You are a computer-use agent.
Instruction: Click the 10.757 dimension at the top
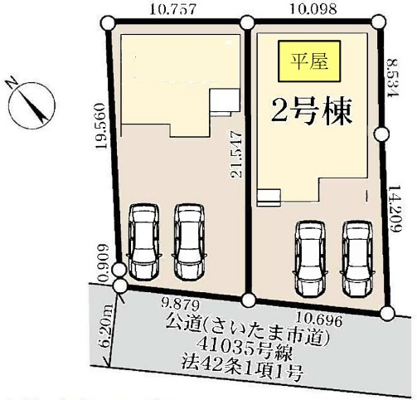tap(173, 9)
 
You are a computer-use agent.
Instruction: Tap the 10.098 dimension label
tap(313, 8)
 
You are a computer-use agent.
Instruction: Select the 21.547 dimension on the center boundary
tap(236, 154)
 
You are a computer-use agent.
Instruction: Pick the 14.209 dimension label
tap(395, 209)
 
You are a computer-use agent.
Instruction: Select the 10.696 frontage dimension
tap(320, 320)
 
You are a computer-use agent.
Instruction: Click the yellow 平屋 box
tap(309, 61)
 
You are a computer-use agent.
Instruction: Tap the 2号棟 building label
tap(312, 111)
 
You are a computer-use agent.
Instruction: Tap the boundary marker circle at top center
tap(247, 22)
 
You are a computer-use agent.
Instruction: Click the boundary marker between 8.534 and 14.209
tap(382, 134)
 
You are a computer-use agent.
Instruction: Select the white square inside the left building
tap(225, 100)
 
